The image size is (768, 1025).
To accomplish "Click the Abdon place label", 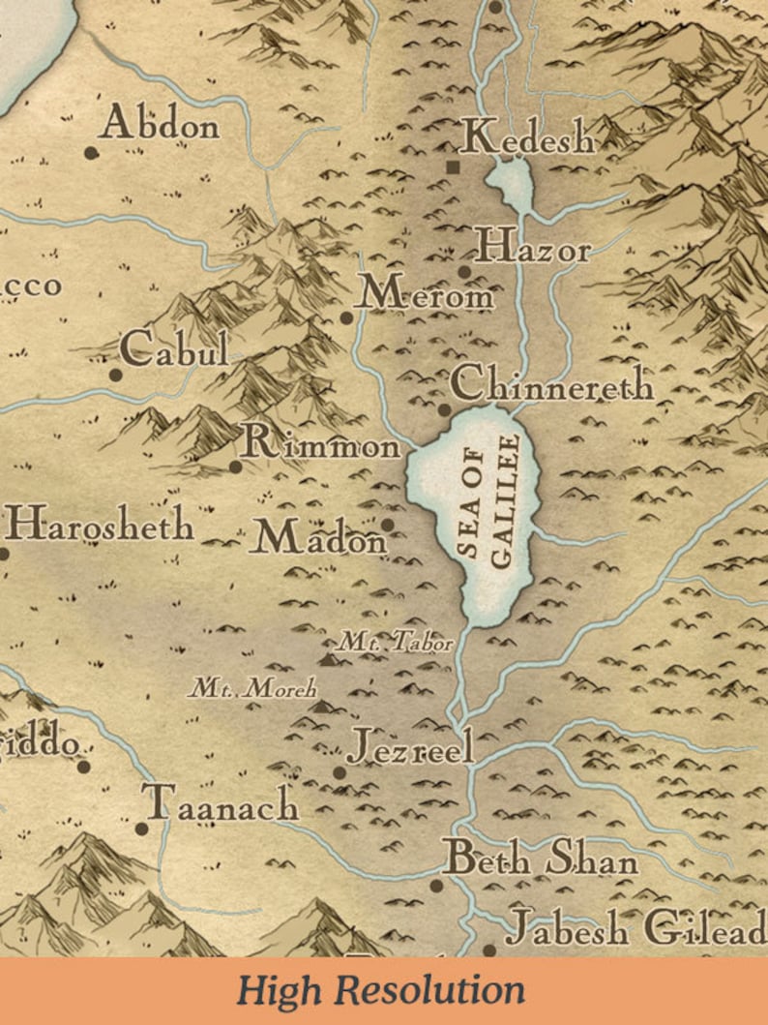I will tap(161, 124).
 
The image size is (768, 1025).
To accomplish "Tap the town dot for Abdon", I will tap(92, 152).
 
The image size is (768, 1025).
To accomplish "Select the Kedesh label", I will tap(527, 138).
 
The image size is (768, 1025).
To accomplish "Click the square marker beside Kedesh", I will tap(453, 167).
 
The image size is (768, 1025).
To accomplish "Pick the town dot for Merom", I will tap(346, 317).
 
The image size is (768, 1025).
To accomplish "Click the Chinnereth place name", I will tap(551, 384).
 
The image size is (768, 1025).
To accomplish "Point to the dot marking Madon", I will tap(388, 525).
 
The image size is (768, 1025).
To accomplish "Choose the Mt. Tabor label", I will tap(395, 641).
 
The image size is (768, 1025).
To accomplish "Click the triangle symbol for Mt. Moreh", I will tap(321, 707).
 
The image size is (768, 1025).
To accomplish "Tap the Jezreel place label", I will tap(410, 746).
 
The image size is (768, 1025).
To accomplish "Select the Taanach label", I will tap(221, 804).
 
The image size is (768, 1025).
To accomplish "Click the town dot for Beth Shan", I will tap(436, 885).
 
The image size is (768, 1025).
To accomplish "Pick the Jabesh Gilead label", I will tap(635, 930).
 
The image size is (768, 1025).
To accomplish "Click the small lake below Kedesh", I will tap(510, 183).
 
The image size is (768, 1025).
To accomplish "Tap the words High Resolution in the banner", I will tap(382, 991).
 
